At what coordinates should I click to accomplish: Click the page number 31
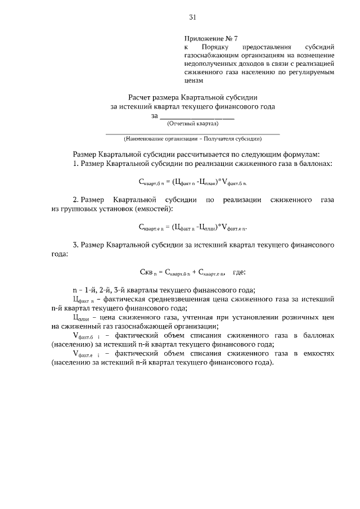click(x=192, y=17)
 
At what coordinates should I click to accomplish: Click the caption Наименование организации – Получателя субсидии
click(x=193, y=138)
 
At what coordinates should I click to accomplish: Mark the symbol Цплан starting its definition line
click(x=82, y=318)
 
